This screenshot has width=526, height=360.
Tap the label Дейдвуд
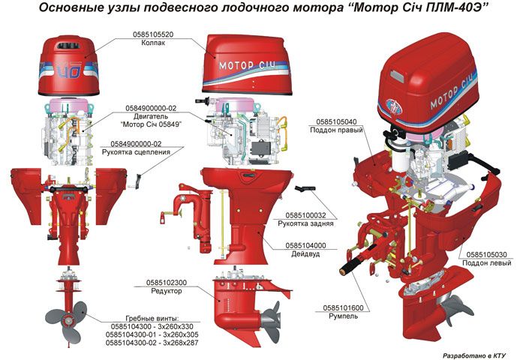point(306,254)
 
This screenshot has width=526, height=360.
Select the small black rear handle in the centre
point(305,187)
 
